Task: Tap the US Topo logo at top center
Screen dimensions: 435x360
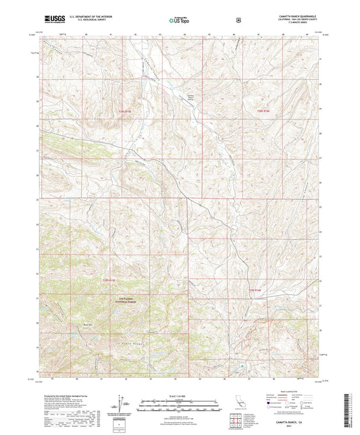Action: [178, 20]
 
